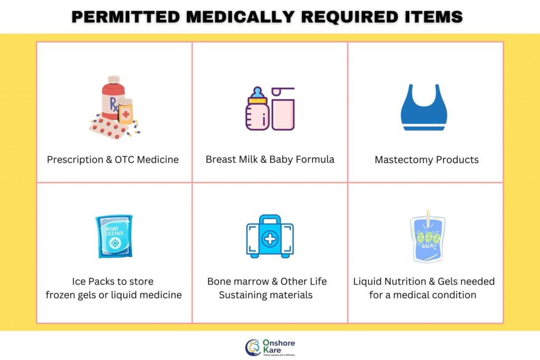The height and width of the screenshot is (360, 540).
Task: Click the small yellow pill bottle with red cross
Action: click(126, 112)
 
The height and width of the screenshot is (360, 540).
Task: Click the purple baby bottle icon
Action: click(257, 109)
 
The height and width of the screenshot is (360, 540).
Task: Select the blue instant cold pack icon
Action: click(114, 236)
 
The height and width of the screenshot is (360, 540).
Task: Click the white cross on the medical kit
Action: click(269, 239)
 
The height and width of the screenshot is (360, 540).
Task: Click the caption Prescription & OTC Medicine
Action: click(113, 159)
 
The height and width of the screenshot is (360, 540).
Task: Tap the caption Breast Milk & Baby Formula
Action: click(270, 159)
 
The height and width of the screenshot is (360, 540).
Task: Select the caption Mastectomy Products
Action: click(427, 159)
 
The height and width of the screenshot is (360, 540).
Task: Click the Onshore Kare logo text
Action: click(278, 346)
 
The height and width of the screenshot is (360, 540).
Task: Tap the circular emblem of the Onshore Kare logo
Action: click(253, 347)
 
